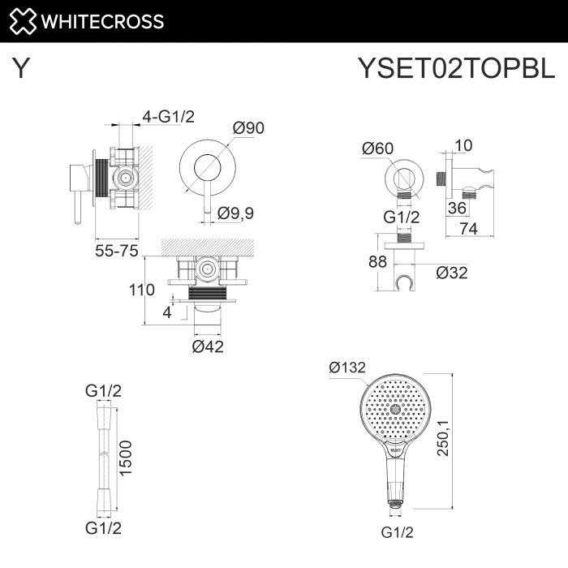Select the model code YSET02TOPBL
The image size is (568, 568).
point(457,69)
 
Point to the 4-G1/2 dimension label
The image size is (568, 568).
point(168,117)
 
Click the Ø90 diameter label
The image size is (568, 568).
point(248,128)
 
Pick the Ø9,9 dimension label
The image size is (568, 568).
point(236,213)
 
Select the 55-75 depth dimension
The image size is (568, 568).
point(116,251)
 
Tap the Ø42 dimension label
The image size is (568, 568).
point(208,346)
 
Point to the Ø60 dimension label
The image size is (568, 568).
point(377,148)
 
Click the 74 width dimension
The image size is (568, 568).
point(467,229)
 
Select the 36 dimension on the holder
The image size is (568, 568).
point(456,208)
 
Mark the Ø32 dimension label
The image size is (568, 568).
point(452,273)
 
